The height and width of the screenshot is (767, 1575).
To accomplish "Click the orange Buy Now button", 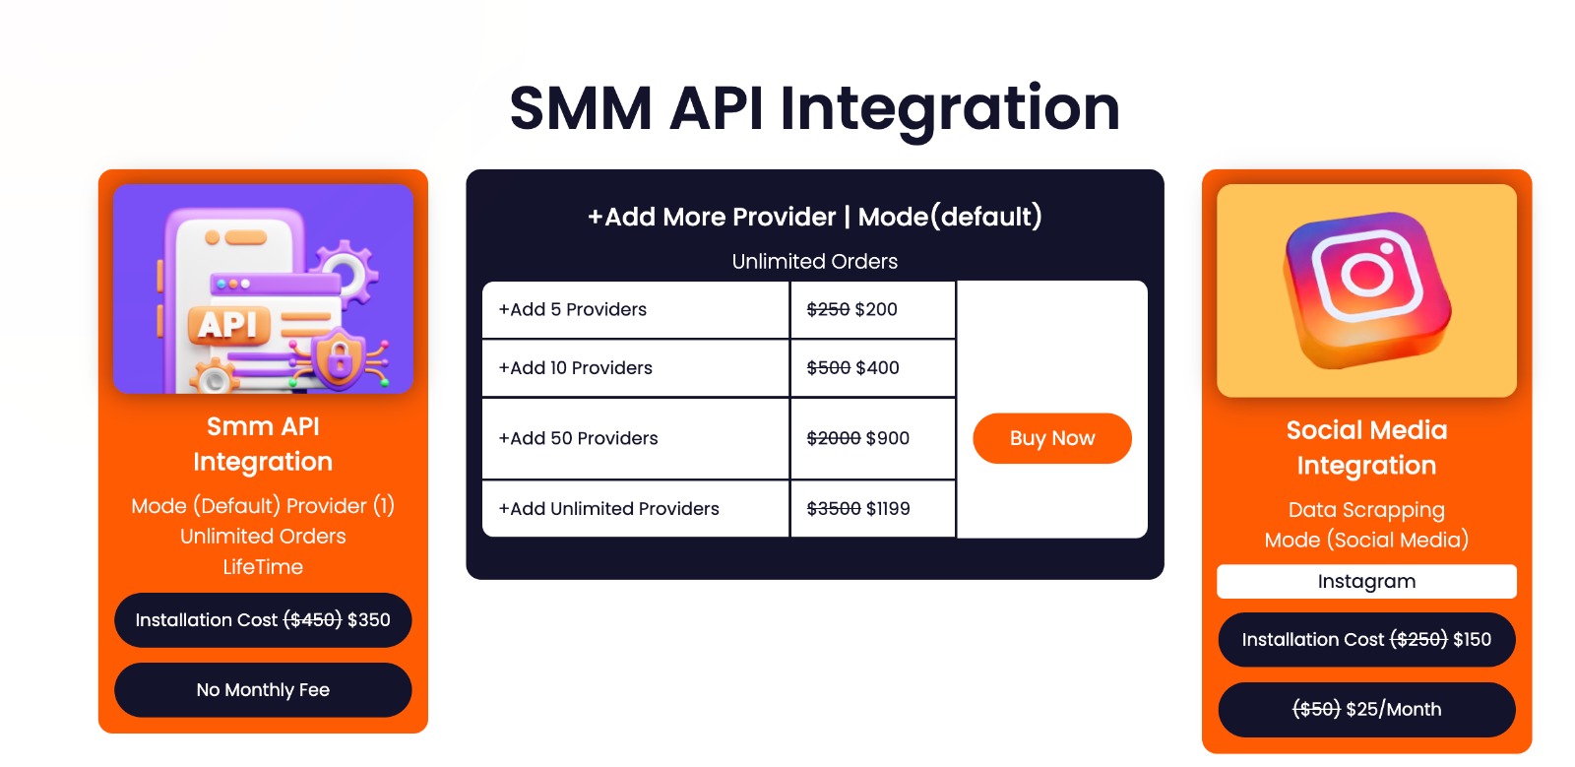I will point(1051,438).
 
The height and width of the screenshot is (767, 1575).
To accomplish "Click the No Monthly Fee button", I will point(263,690).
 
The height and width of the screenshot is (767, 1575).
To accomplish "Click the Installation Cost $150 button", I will point(1366,640).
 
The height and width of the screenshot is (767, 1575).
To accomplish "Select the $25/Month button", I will point(1366,710).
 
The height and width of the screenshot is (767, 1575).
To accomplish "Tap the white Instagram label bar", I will point(1366,582).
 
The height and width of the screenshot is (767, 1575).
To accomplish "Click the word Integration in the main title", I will point(950,108).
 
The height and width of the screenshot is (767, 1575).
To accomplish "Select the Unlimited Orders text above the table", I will point(815,262).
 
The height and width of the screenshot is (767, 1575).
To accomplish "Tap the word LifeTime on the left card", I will point(263,567).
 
